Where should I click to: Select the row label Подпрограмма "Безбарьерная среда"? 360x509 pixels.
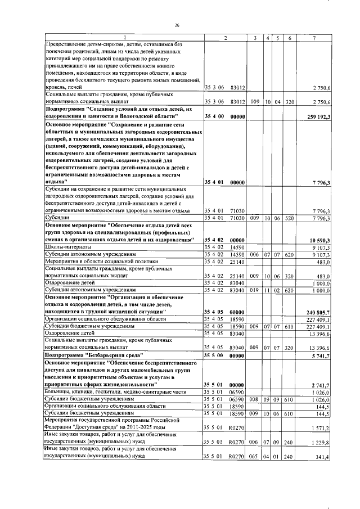click(93, 356)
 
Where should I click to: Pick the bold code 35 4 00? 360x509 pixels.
click(213, 116)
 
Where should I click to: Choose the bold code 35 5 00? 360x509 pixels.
click(213, 356)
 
